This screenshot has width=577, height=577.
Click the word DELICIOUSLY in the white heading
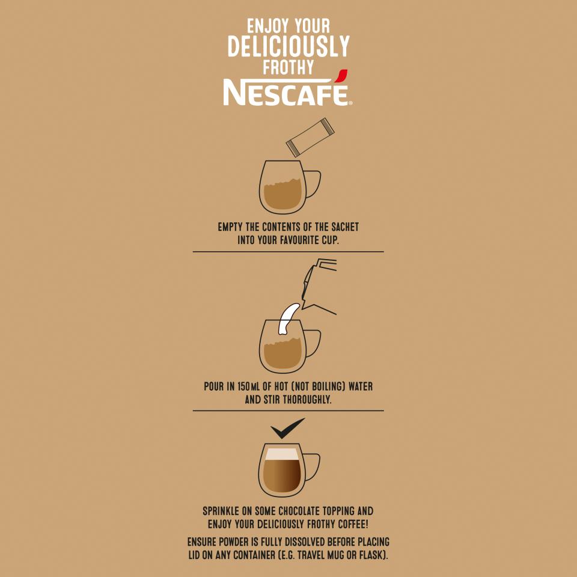[x=288, y=46]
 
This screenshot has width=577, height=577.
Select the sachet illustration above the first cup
[x=310, y=138]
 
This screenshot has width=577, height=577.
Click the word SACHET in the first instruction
[x=345, y=227]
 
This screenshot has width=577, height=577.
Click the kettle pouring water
[x=319, y=287]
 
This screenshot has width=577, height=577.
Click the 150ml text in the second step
[x=248, y=386]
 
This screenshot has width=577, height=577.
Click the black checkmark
[x=287, y=429]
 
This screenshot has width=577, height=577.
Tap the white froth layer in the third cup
[x=282, y=454]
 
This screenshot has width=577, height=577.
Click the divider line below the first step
[x=288, y=252]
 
